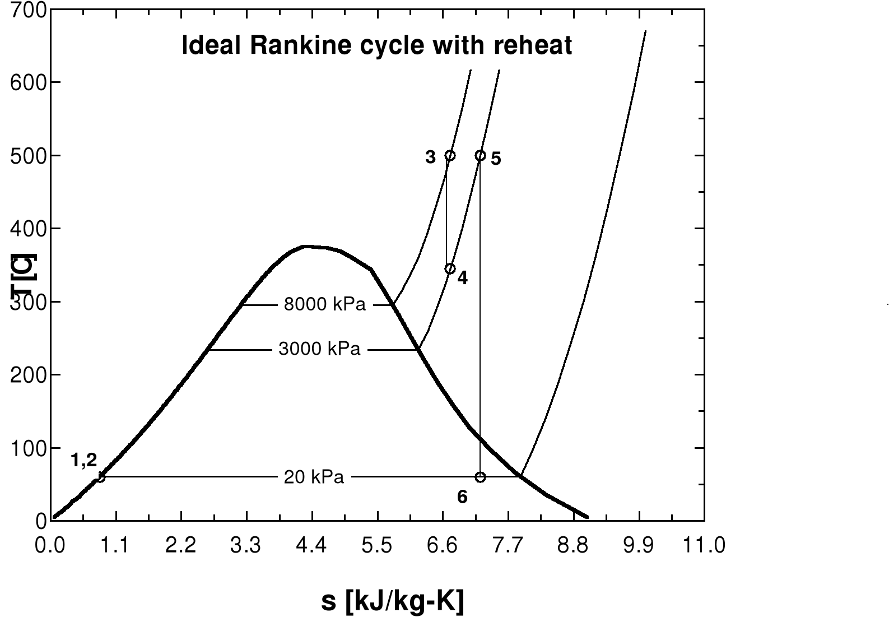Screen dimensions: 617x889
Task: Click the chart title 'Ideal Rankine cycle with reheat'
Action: point(377,45)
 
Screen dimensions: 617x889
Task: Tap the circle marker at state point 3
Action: point(450,155)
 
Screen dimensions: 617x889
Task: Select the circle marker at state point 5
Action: point(480,155)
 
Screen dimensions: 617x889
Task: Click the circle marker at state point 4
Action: point(450,269)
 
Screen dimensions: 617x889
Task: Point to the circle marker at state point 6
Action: point(480,477)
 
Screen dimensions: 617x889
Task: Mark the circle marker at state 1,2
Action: point(100,477)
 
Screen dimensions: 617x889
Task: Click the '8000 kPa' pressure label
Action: point(324,305)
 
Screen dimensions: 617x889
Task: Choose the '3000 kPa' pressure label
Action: point(319,350)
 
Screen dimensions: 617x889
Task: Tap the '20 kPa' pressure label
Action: point(314,477)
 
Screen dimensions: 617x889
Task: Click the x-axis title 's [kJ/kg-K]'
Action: point(393,601)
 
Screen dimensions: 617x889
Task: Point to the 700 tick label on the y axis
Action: point(28,10)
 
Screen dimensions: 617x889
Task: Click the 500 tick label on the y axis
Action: point(28,156)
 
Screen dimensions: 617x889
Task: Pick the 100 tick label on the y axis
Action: point(28,448)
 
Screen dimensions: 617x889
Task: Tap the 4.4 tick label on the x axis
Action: point(311,545)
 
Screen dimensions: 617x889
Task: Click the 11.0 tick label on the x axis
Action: point(704,545)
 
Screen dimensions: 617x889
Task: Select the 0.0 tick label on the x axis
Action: point(50,545)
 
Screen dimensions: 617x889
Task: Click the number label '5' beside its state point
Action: point(496,159)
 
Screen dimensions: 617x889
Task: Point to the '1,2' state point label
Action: point(84,461)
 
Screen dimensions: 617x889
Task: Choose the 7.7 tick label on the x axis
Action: point(508,545)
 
